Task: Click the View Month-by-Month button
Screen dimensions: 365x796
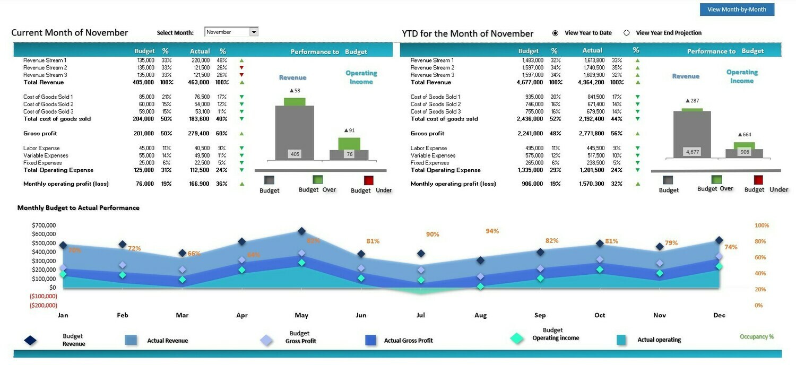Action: pyautogui.click(x=737, y=10)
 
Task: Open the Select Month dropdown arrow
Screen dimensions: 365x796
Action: pyautogui.click(x=254, y=32)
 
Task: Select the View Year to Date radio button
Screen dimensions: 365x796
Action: pyautogui.click(x=556, y=33)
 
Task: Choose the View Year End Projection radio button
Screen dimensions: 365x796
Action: pyautogui.click(x=627, y=33)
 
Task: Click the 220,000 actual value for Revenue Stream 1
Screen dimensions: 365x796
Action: pyautogui.click(x=200, y=60)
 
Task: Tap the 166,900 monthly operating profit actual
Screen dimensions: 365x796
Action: pyautogui.click(x=200, y=184)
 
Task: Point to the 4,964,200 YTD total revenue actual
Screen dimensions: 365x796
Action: pyautogui.click(x=589, y=82)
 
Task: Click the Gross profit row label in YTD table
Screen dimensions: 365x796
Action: pyautogui.click(x=427, y=134)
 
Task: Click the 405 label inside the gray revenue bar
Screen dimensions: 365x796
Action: pyautogui.click(x=295, y=154)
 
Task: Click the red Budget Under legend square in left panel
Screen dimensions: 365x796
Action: pyautogui.click(x=369, y=180)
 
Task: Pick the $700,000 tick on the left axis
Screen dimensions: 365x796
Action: pyautogui.click(x=44, y=225)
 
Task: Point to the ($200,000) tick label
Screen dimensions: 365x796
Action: pyautogui.click(x=43, y=306)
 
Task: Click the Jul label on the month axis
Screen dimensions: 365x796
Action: pyautogui.click(x=421, y=315)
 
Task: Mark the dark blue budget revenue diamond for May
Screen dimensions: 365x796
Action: pyautogui.click(x=301, y=231)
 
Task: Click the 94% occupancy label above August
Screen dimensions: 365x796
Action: pyautogui.click(x=492, y=231)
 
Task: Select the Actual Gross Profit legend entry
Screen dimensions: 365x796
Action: pyautogui.click(x=408, y=341)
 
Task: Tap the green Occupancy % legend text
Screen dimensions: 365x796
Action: pyautogui.click(x=756, y=337)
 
